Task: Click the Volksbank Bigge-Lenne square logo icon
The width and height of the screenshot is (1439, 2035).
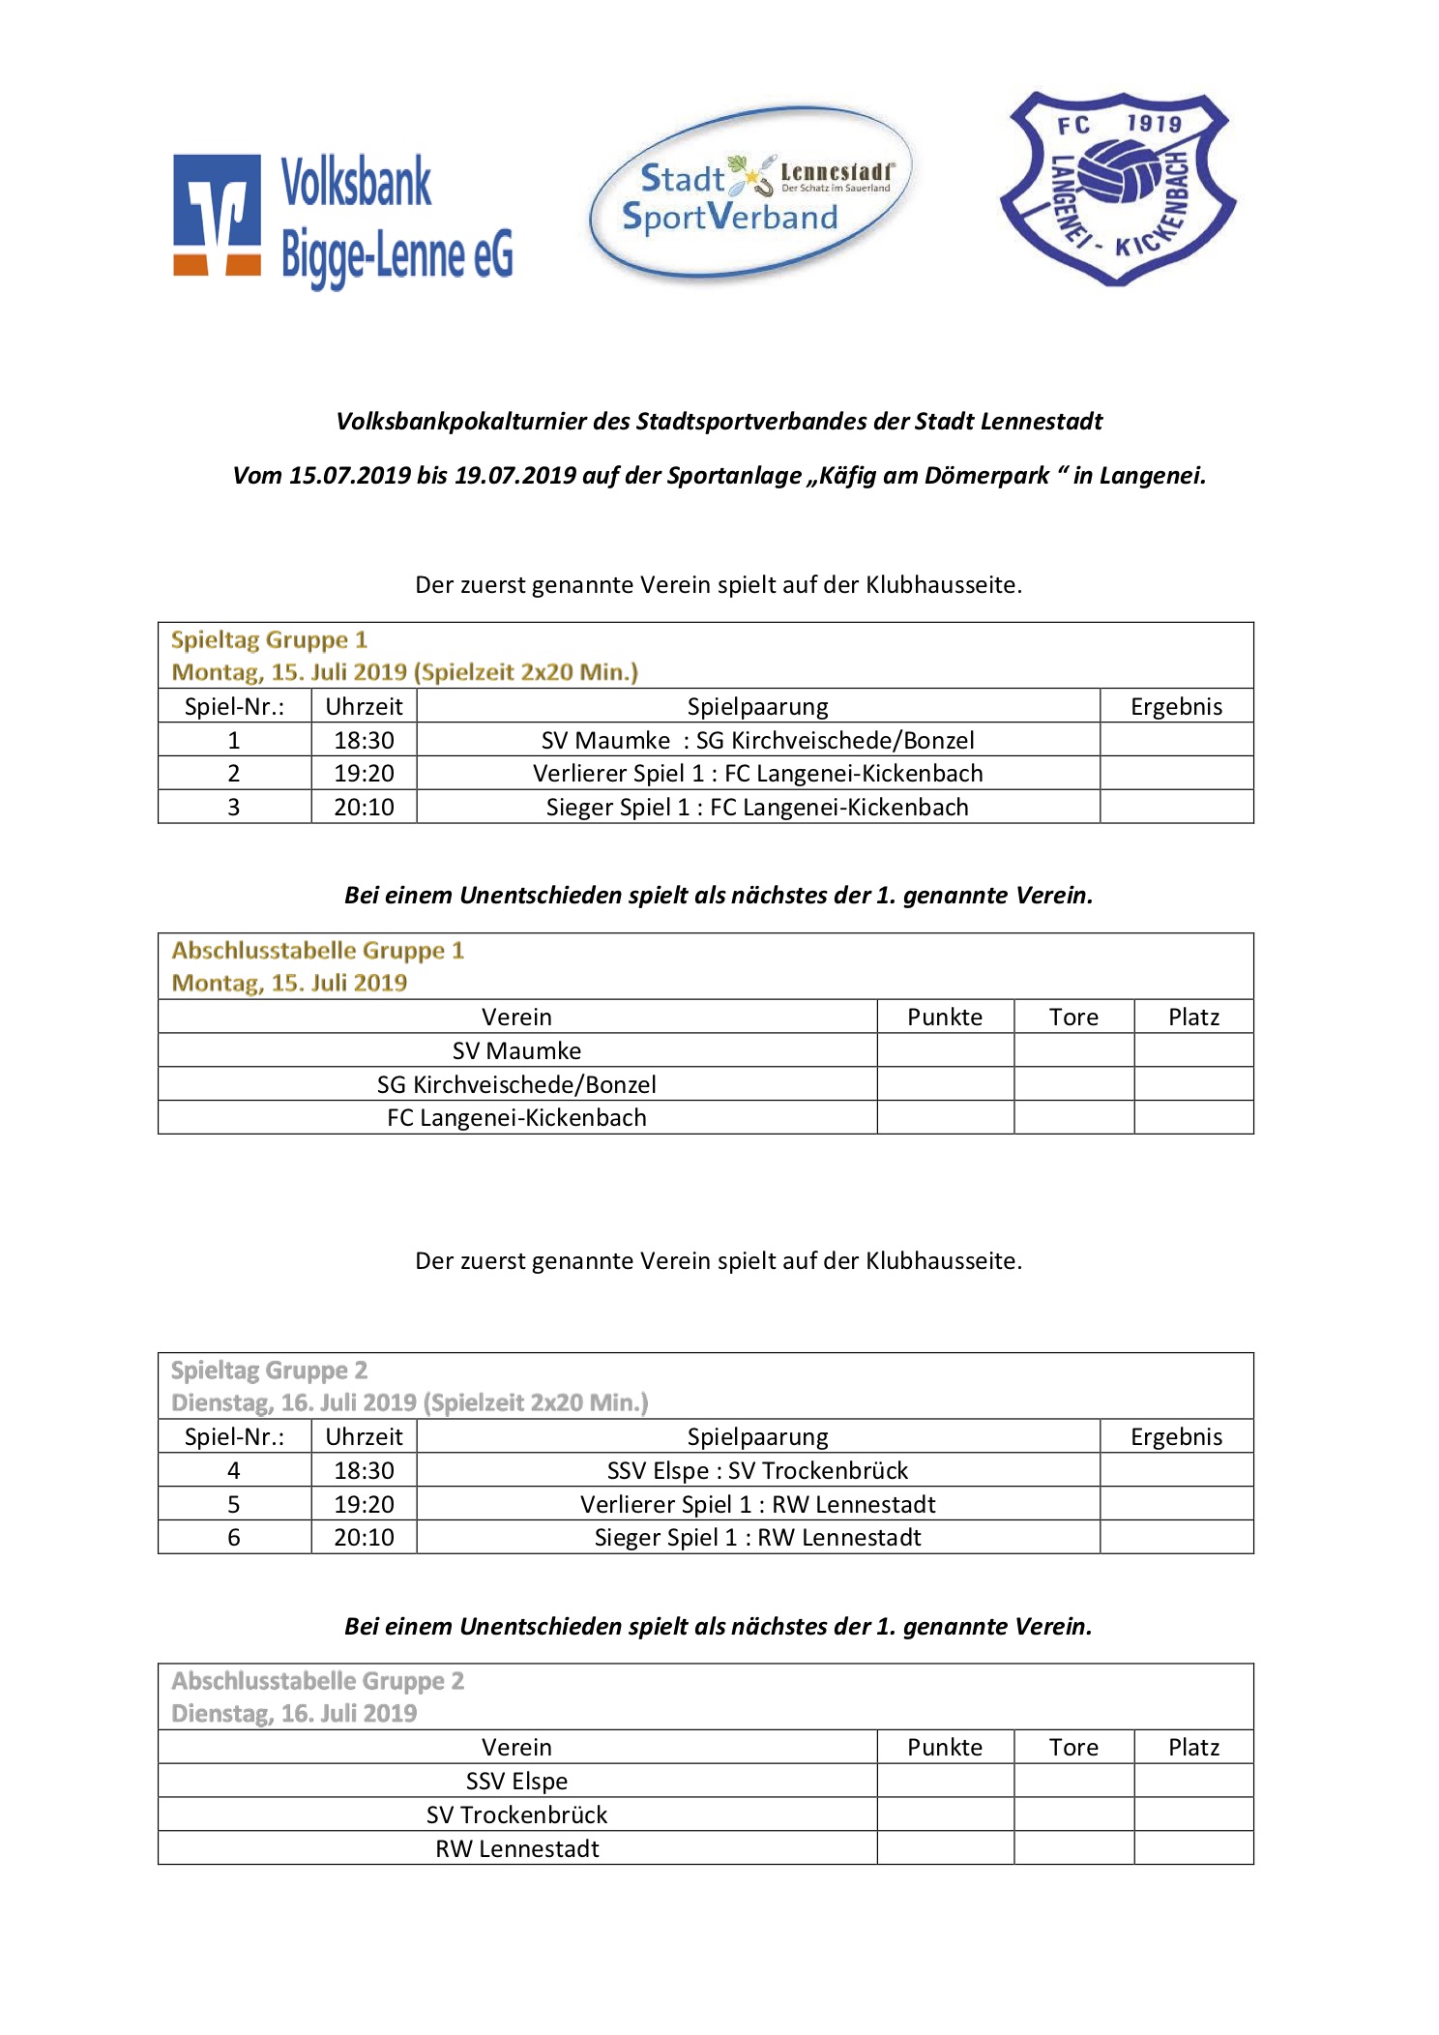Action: pos(217,215)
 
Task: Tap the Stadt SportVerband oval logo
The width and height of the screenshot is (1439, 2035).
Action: pos(749,194)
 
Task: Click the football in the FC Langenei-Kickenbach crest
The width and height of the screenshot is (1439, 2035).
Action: pos(1119,172)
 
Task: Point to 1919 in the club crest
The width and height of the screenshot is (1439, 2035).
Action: pos(1154,124)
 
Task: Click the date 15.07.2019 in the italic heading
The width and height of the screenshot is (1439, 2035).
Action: pos(350,476)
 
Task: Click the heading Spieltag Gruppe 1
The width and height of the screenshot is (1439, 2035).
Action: pos(269,640)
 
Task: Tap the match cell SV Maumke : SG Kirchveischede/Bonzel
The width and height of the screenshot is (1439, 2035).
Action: pos(757,740)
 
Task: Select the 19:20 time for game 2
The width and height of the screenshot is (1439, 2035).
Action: pos(364,774)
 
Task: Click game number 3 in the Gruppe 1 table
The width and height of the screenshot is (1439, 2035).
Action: pos(233,808)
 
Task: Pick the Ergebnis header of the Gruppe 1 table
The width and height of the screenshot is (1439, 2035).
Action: pos(1176,707)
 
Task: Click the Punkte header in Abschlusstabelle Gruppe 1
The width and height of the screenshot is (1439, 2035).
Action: pos(944,1017)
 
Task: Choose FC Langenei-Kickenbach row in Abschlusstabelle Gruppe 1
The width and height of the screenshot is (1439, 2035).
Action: pos(516,1118)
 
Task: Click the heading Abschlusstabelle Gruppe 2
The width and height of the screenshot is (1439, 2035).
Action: pos(317,1681)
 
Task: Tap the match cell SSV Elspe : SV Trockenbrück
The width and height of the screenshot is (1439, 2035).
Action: pos(757,1471)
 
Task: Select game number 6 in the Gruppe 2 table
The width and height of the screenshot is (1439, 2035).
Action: pos(233,1538)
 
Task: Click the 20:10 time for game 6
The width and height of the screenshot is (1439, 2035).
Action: pos(364,1538)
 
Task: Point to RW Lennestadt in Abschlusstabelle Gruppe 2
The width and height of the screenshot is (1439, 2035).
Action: pos(516,1849)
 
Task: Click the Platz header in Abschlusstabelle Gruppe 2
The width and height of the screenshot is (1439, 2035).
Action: pos(1193,1748)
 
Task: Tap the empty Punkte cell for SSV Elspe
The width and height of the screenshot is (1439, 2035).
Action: pos(944,1782)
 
